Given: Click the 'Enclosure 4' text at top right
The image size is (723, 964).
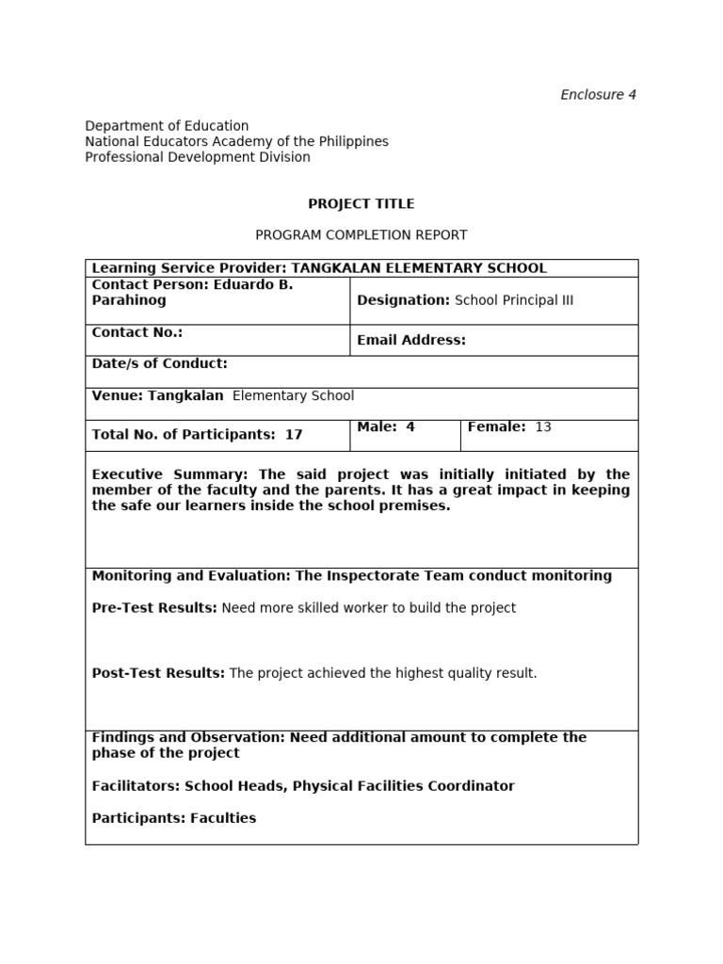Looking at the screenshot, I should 598,94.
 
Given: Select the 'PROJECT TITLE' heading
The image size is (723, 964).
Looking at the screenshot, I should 361,203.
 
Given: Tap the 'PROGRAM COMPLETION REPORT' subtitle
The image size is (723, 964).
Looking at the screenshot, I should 361,234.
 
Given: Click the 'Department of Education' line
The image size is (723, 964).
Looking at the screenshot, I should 167,125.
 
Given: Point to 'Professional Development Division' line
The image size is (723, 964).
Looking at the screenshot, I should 198,157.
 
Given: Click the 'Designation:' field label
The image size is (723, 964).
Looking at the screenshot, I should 403,300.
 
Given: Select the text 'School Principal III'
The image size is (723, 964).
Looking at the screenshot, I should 514,300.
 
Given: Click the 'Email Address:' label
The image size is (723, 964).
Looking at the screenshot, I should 411,340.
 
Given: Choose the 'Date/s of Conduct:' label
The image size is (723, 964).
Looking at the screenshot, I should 159,363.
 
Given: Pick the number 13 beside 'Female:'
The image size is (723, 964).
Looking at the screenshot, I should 543,427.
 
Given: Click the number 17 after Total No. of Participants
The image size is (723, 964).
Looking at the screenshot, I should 294,435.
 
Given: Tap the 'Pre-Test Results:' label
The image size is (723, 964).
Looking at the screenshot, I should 154,608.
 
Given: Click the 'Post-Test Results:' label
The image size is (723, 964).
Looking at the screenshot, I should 158,673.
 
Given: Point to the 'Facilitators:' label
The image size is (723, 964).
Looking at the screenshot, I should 136,786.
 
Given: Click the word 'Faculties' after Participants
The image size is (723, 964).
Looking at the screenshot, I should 223,818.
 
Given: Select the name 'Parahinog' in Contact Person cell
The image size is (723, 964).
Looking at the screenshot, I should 129,300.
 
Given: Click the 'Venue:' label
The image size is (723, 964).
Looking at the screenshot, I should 116,395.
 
